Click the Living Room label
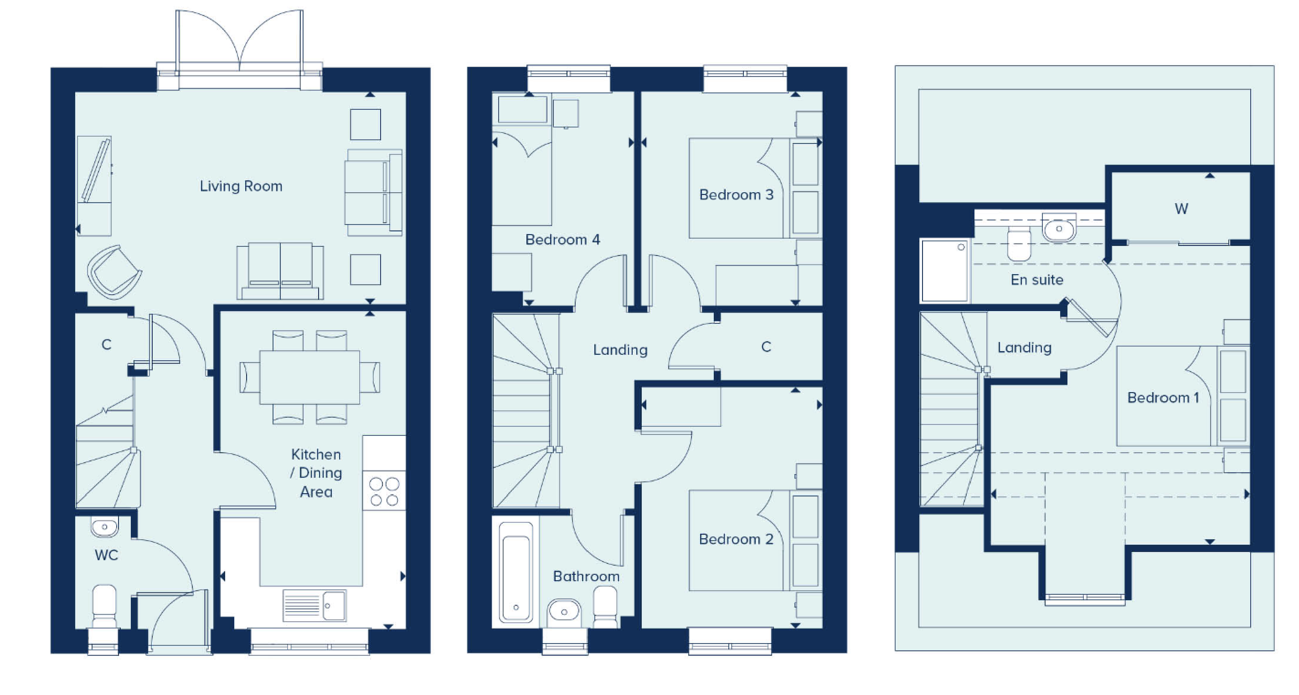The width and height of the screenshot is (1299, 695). (241, 186)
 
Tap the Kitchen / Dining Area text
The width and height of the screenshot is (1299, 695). (316, 473)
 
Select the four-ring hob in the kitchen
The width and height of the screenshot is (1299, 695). (384, 491)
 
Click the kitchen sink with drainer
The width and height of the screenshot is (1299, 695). (314, 605)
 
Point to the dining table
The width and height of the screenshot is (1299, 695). (309, 377)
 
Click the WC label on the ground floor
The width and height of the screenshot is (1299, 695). (106, 555)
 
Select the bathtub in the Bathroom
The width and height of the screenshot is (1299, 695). (516, 572)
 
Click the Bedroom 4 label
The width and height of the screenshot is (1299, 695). (563, 240)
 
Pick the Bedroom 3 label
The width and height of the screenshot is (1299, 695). (736, 194)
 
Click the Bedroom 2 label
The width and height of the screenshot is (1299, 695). (736, 539)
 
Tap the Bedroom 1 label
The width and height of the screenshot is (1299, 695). (1163, 398)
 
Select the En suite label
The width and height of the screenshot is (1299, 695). (1037, 280)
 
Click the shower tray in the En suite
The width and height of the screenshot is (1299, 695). (944, 271)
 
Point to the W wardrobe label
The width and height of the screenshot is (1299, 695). (1181, 209)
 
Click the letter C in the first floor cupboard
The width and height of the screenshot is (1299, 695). (766, 347)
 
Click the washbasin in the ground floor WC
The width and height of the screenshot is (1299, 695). (104, 526)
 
